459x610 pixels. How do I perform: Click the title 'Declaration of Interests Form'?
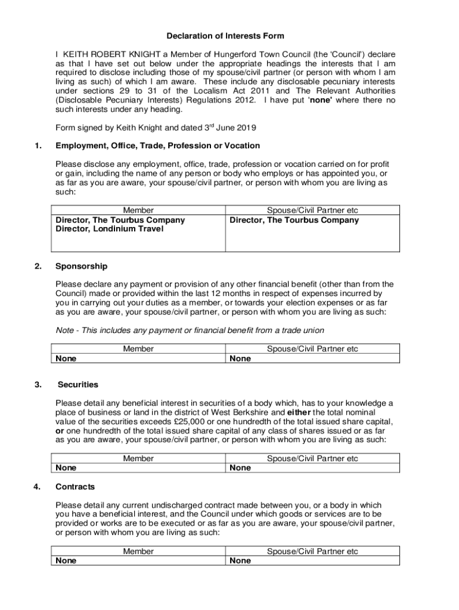[225, 36]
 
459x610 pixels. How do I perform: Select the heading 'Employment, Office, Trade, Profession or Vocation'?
[157, 146]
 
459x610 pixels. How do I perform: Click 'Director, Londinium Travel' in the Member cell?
[109, 229]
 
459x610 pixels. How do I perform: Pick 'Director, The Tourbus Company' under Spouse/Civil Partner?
[294, 220]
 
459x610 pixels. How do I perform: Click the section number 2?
[39, 266]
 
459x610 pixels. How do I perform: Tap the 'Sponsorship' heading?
[82, 266]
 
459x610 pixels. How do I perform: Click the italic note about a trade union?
[190, 331]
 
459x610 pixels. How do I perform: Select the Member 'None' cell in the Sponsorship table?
[66, 359]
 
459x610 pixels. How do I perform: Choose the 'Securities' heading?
[78, 385]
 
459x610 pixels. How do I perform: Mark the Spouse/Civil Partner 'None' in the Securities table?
[240, 468]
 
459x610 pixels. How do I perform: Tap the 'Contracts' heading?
[75, 487]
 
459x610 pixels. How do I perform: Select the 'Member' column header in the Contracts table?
[138, 552]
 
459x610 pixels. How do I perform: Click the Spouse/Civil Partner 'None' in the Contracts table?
[240, 561]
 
